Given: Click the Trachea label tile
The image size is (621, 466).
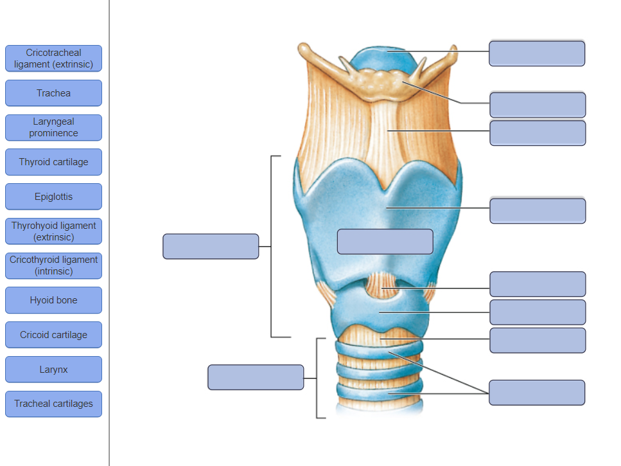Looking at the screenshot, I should click(x=53, y=93).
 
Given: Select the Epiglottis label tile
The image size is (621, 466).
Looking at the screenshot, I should click(x=53, y=197).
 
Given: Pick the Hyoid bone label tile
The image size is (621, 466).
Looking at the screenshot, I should click(x=53, y=300).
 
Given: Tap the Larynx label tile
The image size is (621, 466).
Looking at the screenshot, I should click(x=53, y=370).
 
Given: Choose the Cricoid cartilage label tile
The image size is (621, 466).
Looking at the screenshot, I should click(x=53, y=335).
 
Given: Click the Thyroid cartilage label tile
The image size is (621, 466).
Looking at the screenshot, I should click(x=53, y=162).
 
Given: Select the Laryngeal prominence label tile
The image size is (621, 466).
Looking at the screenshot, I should click(x=53, y=127).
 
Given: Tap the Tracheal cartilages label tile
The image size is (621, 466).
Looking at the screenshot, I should click(x=53, y=404).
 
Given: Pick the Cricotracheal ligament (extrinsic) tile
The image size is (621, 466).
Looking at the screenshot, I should click(x=53, y=58).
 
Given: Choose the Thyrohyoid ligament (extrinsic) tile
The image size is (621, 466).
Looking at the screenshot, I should click(x=53, y=231).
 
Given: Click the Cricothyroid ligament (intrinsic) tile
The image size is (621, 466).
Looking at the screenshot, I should click(x=53, y=265).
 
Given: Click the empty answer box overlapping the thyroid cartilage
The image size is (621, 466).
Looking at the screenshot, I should click(x=385, y=241).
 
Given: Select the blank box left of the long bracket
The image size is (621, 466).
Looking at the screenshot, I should click(x=211, y=246).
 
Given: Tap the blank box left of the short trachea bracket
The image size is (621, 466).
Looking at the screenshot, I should click(x=256, y=377).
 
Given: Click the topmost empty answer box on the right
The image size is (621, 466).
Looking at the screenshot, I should click(x=537, y=53).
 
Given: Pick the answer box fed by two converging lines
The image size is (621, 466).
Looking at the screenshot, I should click(x=537, y=392).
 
